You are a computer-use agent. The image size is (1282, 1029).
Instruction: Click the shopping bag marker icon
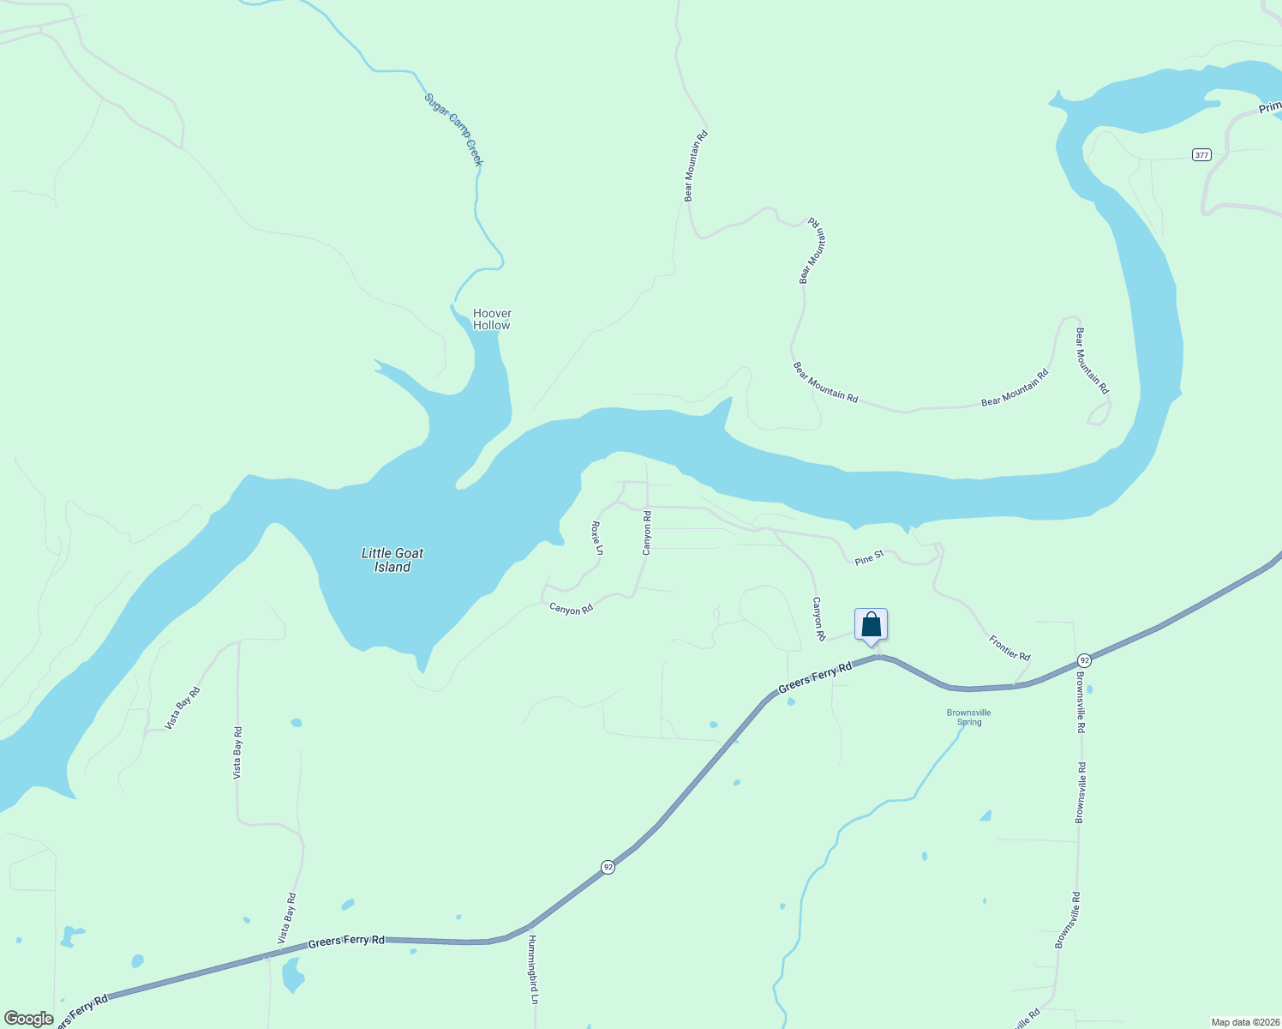pyautogui.click(x=871, y=625)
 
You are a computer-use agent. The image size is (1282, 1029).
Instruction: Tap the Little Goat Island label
pyautogui.click(x=392, y=560)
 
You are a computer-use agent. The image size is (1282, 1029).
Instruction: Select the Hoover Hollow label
pyautogui.click(x=492, y=319)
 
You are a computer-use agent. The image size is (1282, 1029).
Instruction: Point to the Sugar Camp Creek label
pyautogui.click(x=454, y=129)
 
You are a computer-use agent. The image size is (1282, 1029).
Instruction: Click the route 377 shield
pyautogui.click(x=1201, y=155)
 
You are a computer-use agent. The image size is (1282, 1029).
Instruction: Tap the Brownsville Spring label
pyautogui.click(x=969, y=717)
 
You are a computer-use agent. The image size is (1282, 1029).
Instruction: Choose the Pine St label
pyautogui.click(x=869, y=558)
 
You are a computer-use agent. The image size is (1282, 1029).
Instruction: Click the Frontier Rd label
pyautogui.click(x=1009, y=647)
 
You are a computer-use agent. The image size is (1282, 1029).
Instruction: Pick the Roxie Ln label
pyautogui.click(x=598, y=538)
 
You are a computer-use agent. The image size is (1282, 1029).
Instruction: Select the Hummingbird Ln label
pyautogui.click(x=533, y=969)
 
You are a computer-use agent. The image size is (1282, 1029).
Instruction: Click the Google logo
pyautogui.click(x=28, y=1019)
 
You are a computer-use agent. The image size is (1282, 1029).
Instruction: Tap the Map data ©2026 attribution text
pyautogui.click(x=1244, y=1022)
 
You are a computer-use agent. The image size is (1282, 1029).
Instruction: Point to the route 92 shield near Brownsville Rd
pyautogui.click(x=1085, y=660)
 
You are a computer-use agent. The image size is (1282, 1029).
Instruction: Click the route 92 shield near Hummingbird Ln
pyautogui.click(x=608, y=867)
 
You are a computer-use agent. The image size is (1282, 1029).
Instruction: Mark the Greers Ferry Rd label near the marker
pyautogui.click(x=815, y=677)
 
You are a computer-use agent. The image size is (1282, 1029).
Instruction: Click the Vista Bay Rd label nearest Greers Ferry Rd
pyautogui.click(x=287, y=919)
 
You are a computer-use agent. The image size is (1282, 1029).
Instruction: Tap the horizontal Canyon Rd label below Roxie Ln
pyautogui.click(x=572, y=609)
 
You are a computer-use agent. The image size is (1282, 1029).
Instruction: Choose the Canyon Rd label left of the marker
pyautogui.click(x=818, y=619)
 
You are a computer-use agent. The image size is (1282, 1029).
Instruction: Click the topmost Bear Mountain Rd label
pyautogui.click(x=695, y=165)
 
